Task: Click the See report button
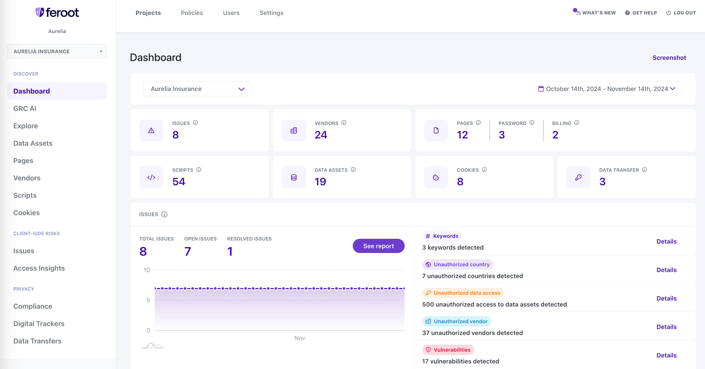point(378,246)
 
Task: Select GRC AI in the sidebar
point(25,109)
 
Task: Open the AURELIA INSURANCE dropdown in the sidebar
point(57,51)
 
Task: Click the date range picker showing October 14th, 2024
point(606,89)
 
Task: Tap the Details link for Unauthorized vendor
point(666,327)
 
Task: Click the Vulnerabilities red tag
point(448,350)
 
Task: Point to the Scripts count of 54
point(179,182)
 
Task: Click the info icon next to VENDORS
point(344,123)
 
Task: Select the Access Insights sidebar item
point(39,268)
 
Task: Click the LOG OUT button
point(681,13)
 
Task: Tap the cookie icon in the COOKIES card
point(436,178)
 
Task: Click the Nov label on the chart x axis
point(299,338)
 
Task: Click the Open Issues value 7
point(187,251)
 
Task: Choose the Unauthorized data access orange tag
point(463,293)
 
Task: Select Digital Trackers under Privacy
point(39,324)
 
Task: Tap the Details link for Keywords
point(666,241)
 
